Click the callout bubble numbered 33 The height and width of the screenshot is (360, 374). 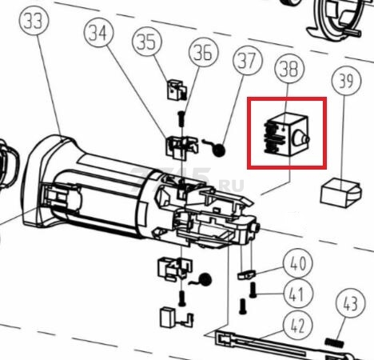coord(34,22)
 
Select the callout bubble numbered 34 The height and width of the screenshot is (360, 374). coord(98,33)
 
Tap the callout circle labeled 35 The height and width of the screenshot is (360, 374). coord(147,41)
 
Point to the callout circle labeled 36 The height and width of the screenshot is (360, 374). coord(203,52)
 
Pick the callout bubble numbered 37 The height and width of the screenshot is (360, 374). coord(248,61)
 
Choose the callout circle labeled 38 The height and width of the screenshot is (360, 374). coord(289,69)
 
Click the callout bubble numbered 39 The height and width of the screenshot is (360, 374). coord(347,80)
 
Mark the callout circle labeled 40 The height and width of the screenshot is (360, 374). coord(297,263)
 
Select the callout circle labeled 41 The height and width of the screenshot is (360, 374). coord(297,294)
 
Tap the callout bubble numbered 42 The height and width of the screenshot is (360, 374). coord(297,325)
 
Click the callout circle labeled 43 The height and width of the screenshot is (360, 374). coord(350,303)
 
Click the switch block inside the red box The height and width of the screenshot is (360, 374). coord(286,135)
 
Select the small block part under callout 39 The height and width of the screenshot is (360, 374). coord(341,193)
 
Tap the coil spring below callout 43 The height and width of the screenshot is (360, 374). coord(334,342)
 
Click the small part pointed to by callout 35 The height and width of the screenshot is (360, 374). coord(177,90)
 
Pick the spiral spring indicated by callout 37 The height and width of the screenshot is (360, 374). coord(215,149)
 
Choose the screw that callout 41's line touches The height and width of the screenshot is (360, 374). coord(253,290)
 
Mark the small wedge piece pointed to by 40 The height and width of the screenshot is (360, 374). coord(246,274)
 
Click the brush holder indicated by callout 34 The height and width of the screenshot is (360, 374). coord(182,146)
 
